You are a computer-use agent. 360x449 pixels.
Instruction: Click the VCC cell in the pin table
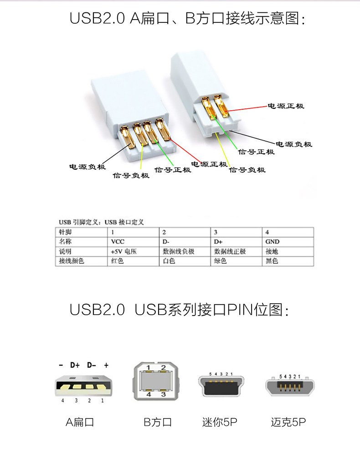click(118, 242)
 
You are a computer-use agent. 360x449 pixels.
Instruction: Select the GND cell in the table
click(273, 242)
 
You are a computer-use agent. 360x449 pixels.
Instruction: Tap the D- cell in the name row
click(166, 242)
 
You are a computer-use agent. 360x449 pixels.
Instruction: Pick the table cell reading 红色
click(118, 261)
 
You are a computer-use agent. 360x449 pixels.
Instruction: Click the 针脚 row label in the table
click(66, 232)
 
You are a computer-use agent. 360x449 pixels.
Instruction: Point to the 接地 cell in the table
click(272, 251)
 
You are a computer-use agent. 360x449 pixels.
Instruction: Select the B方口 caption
click(158, 423)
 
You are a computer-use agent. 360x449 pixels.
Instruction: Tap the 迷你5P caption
click(220, 423)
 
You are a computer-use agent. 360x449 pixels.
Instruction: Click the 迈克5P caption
click(288, 423)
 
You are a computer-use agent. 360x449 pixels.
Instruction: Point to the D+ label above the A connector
click(75, 365)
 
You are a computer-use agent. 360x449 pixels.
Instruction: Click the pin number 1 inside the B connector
click(149, 368)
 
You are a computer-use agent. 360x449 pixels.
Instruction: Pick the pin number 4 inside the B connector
click(149, 395)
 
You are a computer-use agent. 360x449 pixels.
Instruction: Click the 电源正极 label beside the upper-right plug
click(285, 106)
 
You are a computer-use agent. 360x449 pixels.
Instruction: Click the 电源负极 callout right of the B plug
click(294, 144)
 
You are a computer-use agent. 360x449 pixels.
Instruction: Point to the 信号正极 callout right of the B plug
click(257, 152)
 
